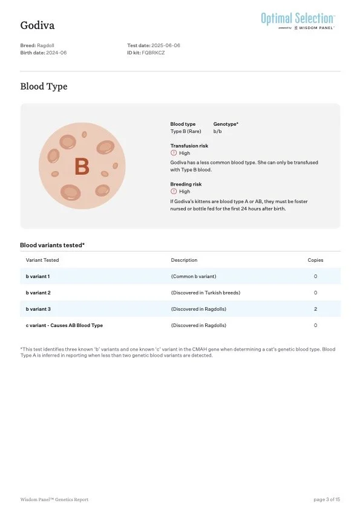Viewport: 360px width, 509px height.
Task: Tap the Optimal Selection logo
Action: click(298, 19)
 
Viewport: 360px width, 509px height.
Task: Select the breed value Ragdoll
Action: click(48, 45)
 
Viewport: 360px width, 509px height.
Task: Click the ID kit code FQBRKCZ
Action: click(153, 53)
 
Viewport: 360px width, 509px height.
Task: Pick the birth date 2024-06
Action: click(56, 53)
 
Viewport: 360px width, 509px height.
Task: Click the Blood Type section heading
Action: click(44, 86)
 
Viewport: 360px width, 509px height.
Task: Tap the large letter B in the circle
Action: click(82, 166)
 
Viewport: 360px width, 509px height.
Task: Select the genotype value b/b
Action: click(218, 131)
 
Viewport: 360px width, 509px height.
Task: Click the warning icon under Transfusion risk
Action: click(174, 153)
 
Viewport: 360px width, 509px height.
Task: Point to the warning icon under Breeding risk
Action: click(174, 192)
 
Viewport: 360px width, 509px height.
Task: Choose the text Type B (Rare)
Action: click(186, 131)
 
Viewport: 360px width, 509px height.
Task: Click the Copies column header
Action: click(315, 260)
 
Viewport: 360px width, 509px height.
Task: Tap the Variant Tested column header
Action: click(42, 260)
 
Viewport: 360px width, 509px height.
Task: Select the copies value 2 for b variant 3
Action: click(315, 309)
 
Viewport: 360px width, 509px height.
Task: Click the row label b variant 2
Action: click(38, 293)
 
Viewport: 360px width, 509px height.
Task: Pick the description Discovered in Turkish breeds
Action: click(206, 293)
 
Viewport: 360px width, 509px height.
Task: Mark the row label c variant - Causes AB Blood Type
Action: click(64, 325)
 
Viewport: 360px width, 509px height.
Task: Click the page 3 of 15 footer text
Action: click(327, 499)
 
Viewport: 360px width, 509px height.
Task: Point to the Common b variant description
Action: click(194, 276)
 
